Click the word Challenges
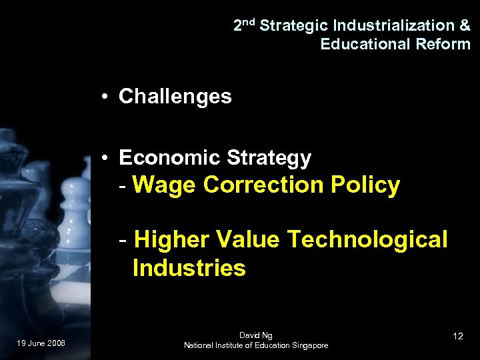point(175,97)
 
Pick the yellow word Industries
point(189,269)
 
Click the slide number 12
point(457,336)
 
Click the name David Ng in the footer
point(256,335)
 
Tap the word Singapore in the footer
point(307,345)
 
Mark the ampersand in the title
point(465,26)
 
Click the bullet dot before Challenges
point(106,97)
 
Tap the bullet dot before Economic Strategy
point(106,159)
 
